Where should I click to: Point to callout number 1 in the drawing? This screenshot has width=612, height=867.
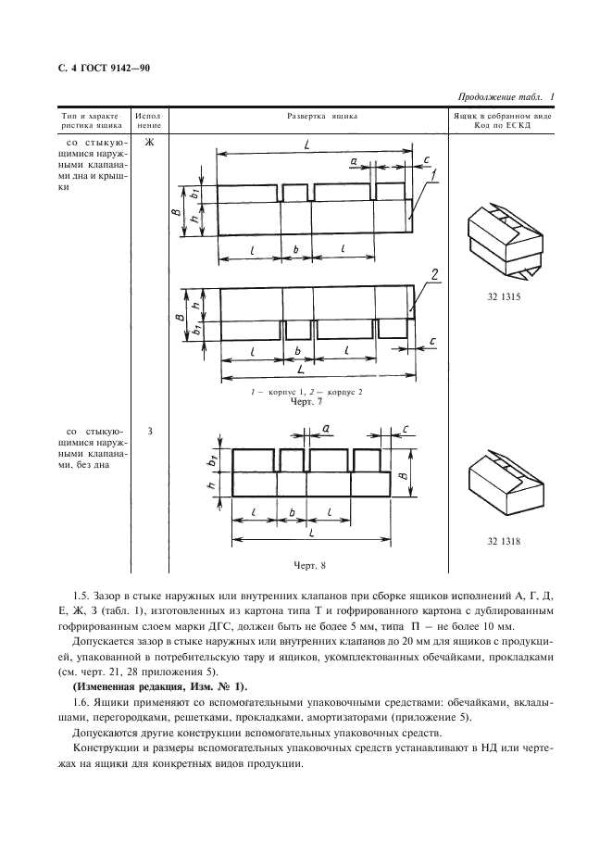[x=432, y=173]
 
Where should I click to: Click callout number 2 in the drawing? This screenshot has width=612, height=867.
[x=432, y=273]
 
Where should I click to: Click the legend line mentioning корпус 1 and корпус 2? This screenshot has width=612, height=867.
[x=309, y=394]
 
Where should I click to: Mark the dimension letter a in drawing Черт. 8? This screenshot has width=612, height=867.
[x=325, y=426]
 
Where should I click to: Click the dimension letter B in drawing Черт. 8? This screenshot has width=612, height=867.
[x=405, y=474]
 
